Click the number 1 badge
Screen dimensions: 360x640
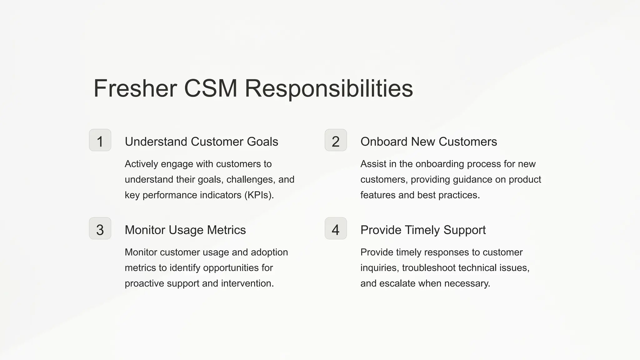tap(100, 140)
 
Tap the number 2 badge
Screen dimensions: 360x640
tap(336, 140)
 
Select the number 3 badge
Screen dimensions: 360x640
tap(100, 228)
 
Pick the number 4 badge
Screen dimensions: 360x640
tap(336, 228)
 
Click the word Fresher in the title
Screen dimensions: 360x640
tap(135, 88)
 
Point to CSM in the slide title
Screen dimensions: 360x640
tap(211, 88)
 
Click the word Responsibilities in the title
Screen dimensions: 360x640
tap(329, 88)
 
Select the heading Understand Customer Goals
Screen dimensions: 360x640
tap(201, 142)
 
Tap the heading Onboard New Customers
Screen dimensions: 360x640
tap(428, 142)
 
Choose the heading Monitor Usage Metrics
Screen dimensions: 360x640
tap(185, 230)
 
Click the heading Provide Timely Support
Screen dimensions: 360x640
tap(423, 230)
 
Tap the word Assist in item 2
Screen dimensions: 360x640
tap(373, 164)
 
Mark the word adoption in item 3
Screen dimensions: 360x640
tap(269, 252)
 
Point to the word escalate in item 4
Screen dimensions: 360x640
tap(397, 283)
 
